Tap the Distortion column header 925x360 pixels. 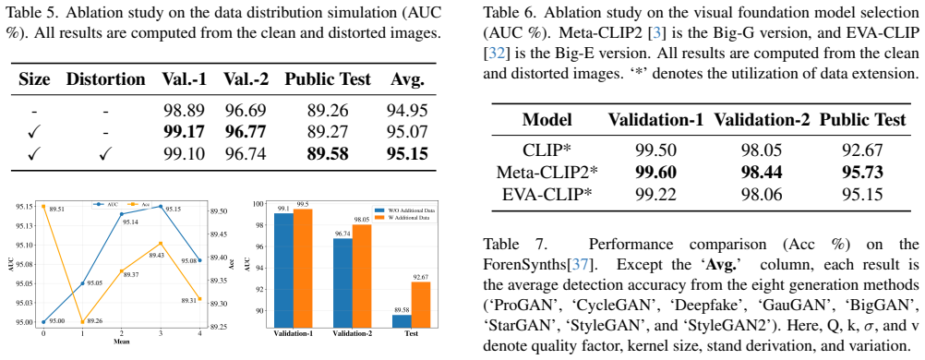pyautogui.click(x=105, y=79)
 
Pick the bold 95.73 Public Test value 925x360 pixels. pyautogui.click(x=862, y=173)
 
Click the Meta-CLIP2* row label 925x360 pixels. pyautogui.click(x=547, y=173)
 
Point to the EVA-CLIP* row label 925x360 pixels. pyautogui.click(x=547, y=194)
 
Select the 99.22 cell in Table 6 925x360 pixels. pyautogui.click(x=656, y=194)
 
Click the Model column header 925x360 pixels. pyautogui.click(x=547, y=120)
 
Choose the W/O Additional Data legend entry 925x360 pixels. pyautogui.click(x=402, y=210)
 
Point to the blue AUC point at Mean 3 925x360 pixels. pyautogui.click(x=160, y=207)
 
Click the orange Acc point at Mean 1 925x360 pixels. pyautogui.click(x=82, y=321)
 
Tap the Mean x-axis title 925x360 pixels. pyautogui.click(x=121, y=342)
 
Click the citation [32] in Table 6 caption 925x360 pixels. pyautogui.click(x=495, y=54)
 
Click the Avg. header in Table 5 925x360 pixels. pyautogui.click(x=407, y=79)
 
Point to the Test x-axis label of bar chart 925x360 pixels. pyautogui.click(x=411, y=333)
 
